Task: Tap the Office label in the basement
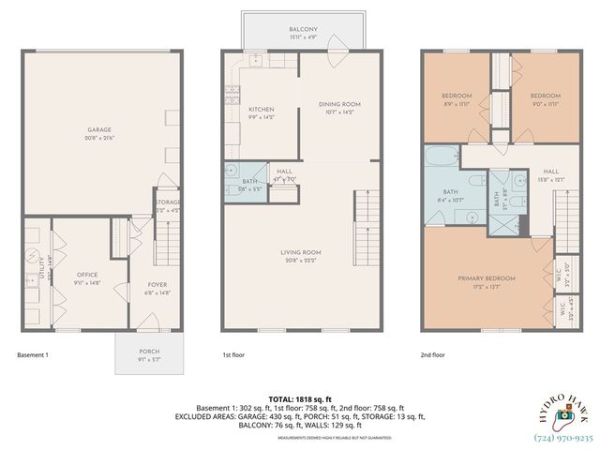pyautogui.click(x=86, y=275)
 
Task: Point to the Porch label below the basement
pyautogui.click(x=149, y=352)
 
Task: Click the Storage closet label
pyautogui.click(x=168, y=202)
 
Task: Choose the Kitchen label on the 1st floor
pyautogui.click(x=261, y=110)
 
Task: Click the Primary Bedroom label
pyautogui.click(x=483, y=278)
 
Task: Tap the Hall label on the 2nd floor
pyautogui.click(x=551, y=172)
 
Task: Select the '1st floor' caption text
pyautogui.click(x=233, y=355)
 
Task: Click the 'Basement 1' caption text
pyautogui.click(x=33, y=355)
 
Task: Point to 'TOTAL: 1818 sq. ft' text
pyautogui.click(x=299, y=398)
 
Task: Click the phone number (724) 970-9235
pyautogui.click(x=562, y=437)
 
